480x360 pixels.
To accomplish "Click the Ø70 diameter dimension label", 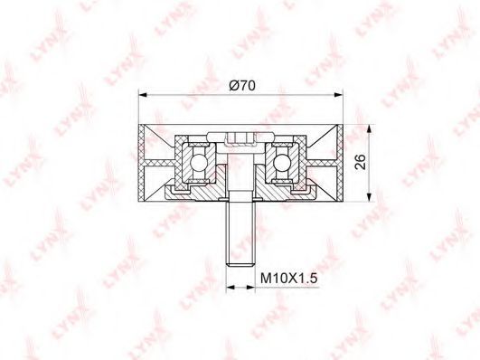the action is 242,86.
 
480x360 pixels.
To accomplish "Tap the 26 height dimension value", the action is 361,162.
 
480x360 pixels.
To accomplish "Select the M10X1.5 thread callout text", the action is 289,279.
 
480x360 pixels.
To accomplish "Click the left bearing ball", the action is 197,161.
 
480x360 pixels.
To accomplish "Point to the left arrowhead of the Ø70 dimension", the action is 143,95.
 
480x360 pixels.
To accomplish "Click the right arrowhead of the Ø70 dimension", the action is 338,95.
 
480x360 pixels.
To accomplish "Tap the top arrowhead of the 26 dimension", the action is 370,129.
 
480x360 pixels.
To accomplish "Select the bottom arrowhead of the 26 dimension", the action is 370,197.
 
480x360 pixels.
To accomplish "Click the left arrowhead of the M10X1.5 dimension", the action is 231,287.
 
